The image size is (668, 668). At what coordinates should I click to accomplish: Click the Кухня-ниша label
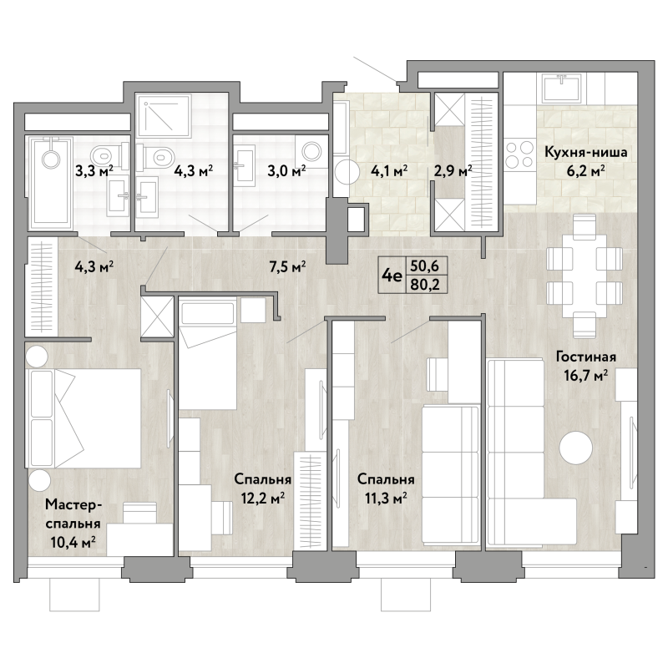point(586,152)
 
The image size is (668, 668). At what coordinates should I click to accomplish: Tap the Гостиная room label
point(586,357)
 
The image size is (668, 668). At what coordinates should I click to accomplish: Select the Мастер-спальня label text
point(73,514)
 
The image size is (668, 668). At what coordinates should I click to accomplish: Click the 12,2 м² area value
point(263,498)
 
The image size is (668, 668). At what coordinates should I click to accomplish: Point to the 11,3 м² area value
point(386,498)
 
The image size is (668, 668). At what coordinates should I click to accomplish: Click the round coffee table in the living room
point(576,448)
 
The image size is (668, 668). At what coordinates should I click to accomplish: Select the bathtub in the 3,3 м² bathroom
point(49,183)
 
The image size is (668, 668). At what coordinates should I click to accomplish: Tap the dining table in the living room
point(584,276)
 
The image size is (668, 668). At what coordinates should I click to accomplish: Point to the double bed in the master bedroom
point(84,418)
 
